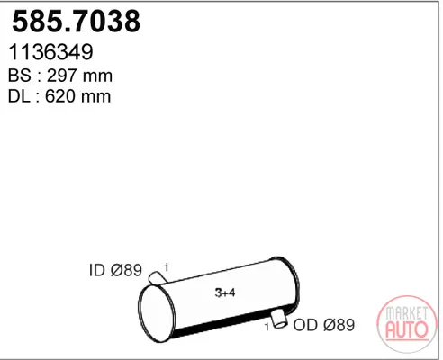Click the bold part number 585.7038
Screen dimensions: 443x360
[76, 21]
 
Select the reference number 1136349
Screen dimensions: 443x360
[50, 52]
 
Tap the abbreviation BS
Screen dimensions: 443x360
[20, 76]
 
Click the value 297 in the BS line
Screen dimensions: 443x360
[61, 76]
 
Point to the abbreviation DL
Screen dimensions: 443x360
[19, 96]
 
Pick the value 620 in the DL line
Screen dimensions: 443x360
[60, 96]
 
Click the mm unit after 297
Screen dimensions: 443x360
[97, 77]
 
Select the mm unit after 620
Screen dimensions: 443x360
[96, 98]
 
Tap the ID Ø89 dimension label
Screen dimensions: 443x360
[115, 270]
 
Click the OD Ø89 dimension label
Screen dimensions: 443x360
[324, 325]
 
